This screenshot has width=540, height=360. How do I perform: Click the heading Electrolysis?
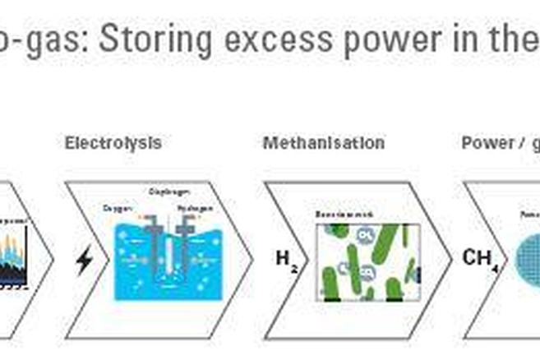pyautogui.click(x=113, y=143)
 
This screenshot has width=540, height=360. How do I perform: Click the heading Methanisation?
pyautogui.click(x=323, y=143)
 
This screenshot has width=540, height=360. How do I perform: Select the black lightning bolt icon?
pyautogui.click(x=84, y=261)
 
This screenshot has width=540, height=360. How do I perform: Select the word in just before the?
pyautogui.click(x=477, y=39)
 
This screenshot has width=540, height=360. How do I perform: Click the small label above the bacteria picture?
pyautogui.click(x=336, y=215)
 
